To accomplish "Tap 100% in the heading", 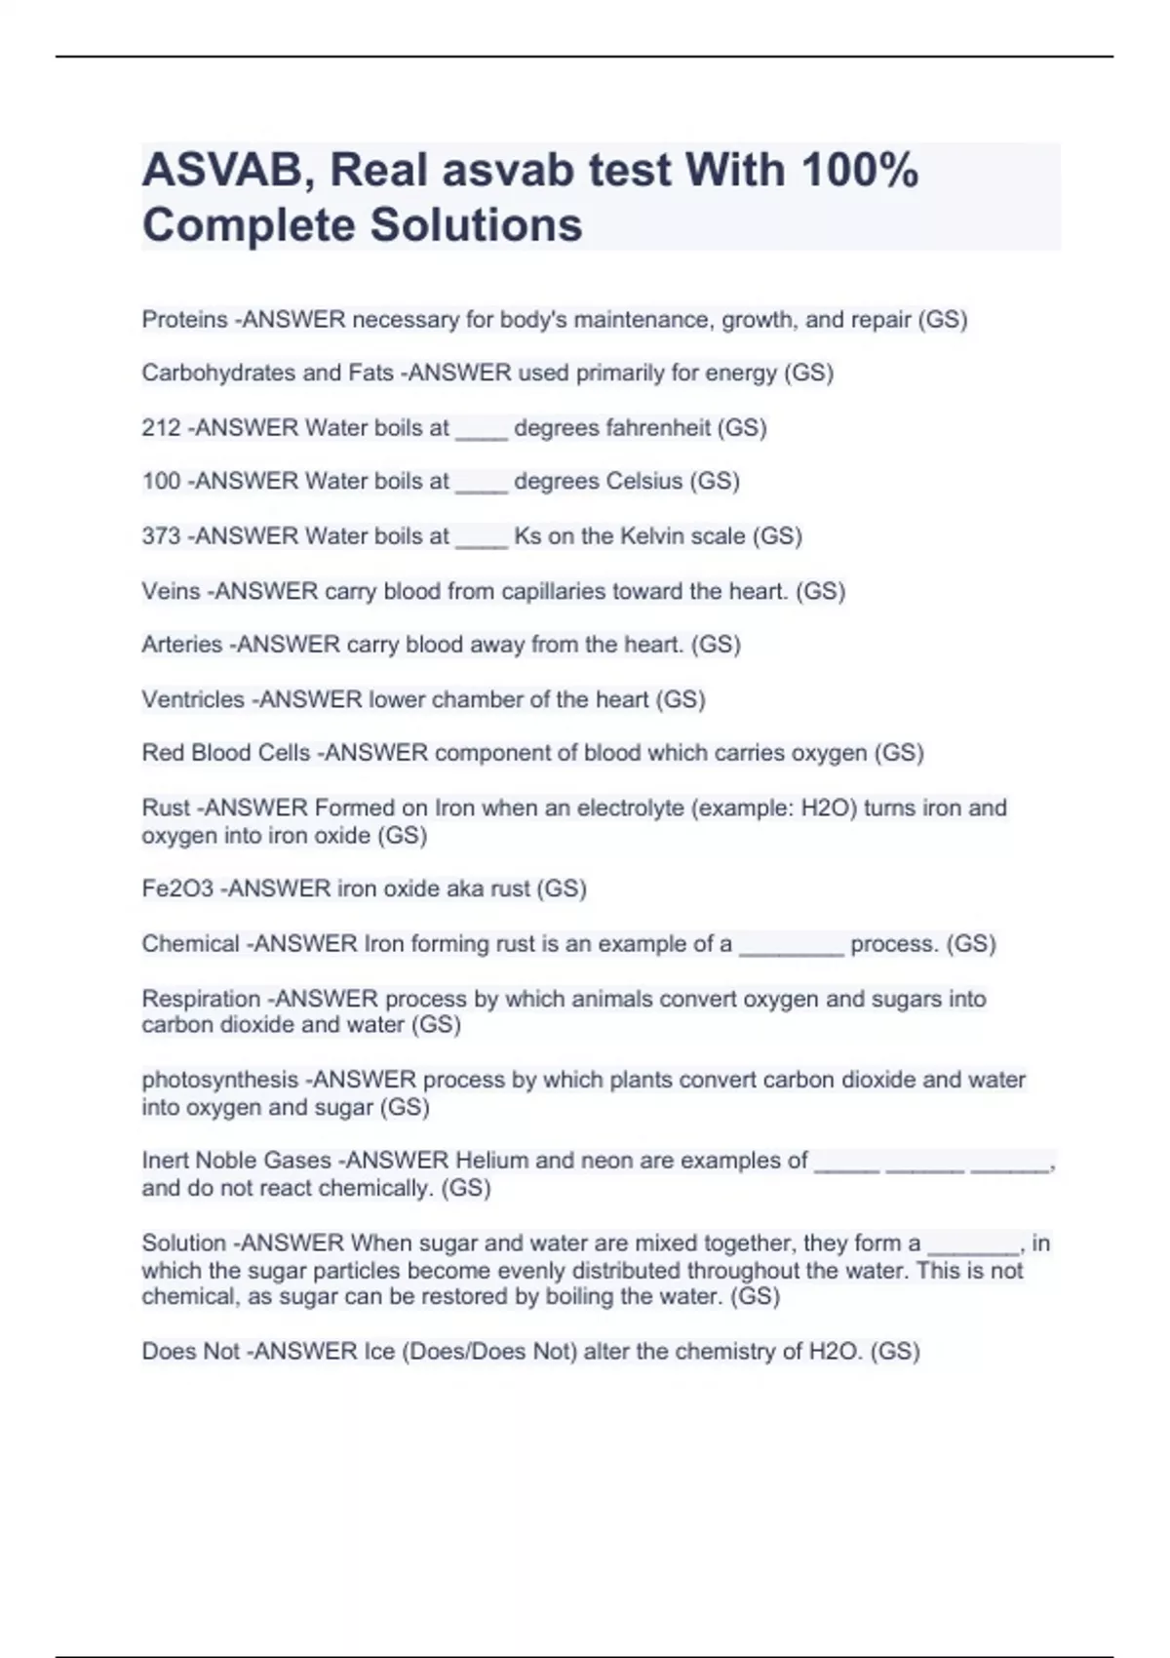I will tap(859, 171).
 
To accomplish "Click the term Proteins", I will tap(184, 320).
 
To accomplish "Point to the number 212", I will tap(161, 428).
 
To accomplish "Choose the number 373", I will tap(161, 536).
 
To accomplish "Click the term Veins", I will tap(171, 591).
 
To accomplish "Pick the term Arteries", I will tap(181, 645).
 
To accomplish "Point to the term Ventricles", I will tap(193, 699).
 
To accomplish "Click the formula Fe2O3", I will tap(177, 888).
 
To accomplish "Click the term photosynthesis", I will tap(219, 1080).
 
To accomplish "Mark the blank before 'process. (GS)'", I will tap(791, 946).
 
